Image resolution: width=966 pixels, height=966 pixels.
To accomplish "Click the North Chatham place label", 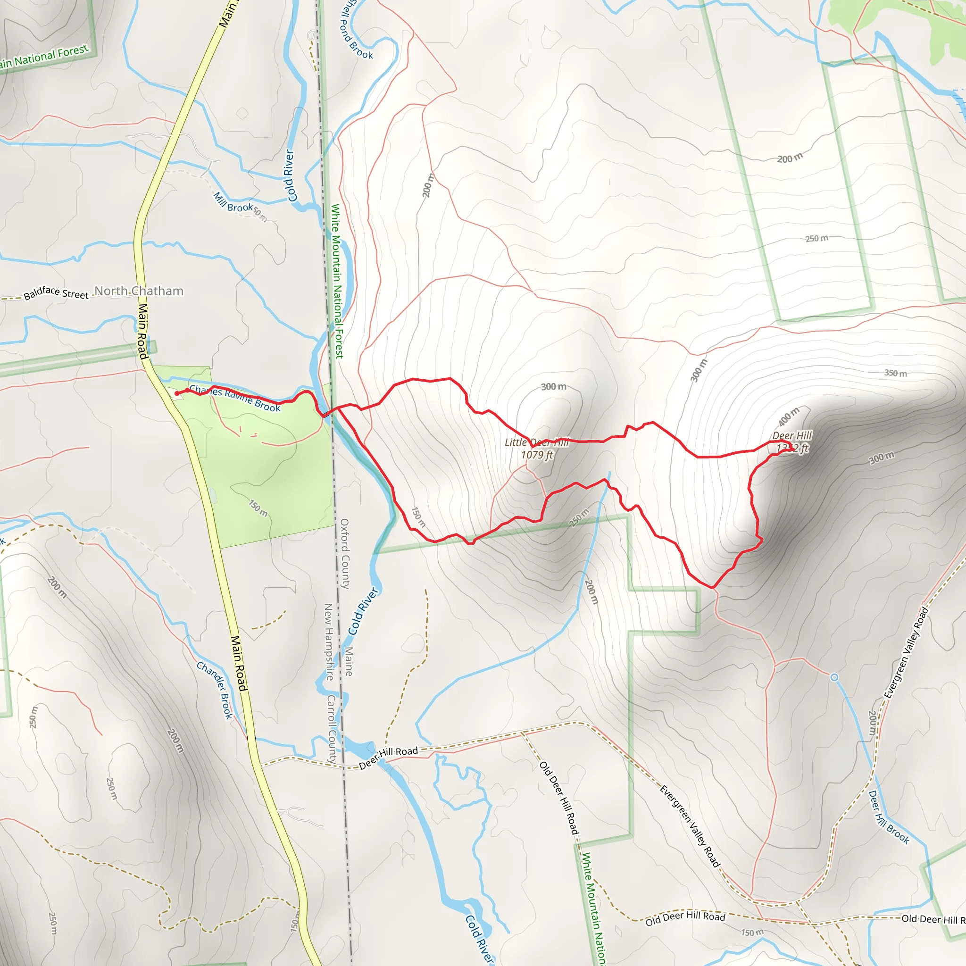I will coord(139,291).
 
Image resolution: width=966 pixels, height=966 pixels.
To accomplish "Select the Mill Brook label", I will coord(233,202).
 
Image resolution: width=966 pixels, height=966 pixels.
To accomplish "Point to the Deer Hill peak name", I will coord(792,435).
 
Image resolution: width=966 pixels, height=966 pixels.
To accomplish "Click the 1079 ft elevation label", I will coord(537,455).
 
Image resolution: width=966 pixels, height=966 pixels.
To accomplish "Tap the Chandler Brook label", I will coord(215,690).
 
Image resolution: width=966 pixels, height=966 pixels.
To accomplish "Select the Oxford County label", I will coord(344,553).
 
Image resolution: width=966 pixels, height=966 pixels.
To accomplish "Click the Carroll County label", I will coord(332,727).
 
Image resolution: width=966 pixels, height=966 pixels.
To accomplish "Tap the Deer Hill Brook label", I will coord(889,817).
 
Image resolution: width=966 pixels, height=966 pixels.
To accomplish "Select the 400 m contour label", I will coord(789,417).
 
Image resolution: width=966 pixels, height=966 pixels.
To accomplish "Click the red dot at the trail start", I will coord(177,393).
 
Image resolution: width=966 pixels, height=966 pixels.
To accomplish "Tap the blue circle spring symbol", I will coord(834,677).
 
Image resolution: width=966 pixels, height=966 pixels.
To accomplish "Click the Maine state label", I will coord(349,661).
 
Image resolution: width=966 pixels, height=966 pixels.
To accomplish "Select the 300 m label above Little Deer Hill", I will coord(553,386).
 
